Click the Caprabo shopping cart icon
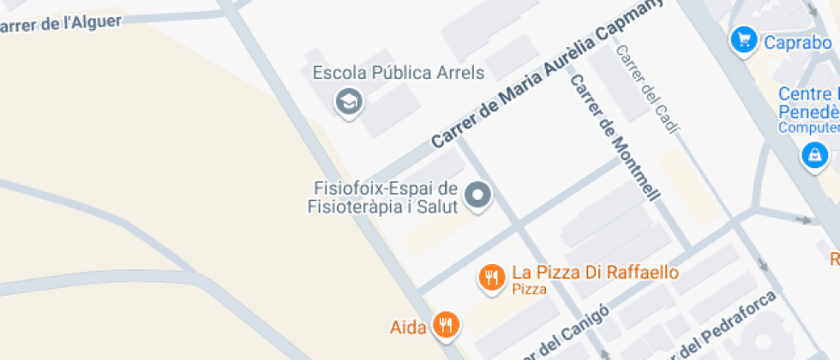pyautogui.click(x=743, y=39)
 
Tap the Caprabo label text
pyautogui.click(x=797, y=41)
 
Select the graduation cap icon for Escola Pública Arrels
pyautogui.click(x=349, y=102)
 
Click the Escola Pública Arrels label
pyautogui.click(x=399, y=73)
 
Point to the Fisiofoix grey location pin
pyautogui.click(x=477, y=196)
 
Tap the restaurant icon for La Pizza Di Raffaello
pyautogui.click(x=491, y=278)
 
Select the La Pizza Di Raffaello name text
pyautogui.click(x=595, y=273)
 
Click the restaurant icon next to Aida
pyautogui.click(x=446, y=325)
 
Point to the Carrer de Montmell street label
pyautogui.click(x=615, y=138)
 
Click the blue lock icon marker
pyautogui.click(x=813, y=155)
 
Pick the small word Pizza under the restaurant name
pyautogui.click(x=529, y=290)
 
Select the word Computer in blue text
pyautogui.click(x=808, y=128)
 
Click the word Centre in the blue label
pyautogui.click(x=804, y=94)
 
